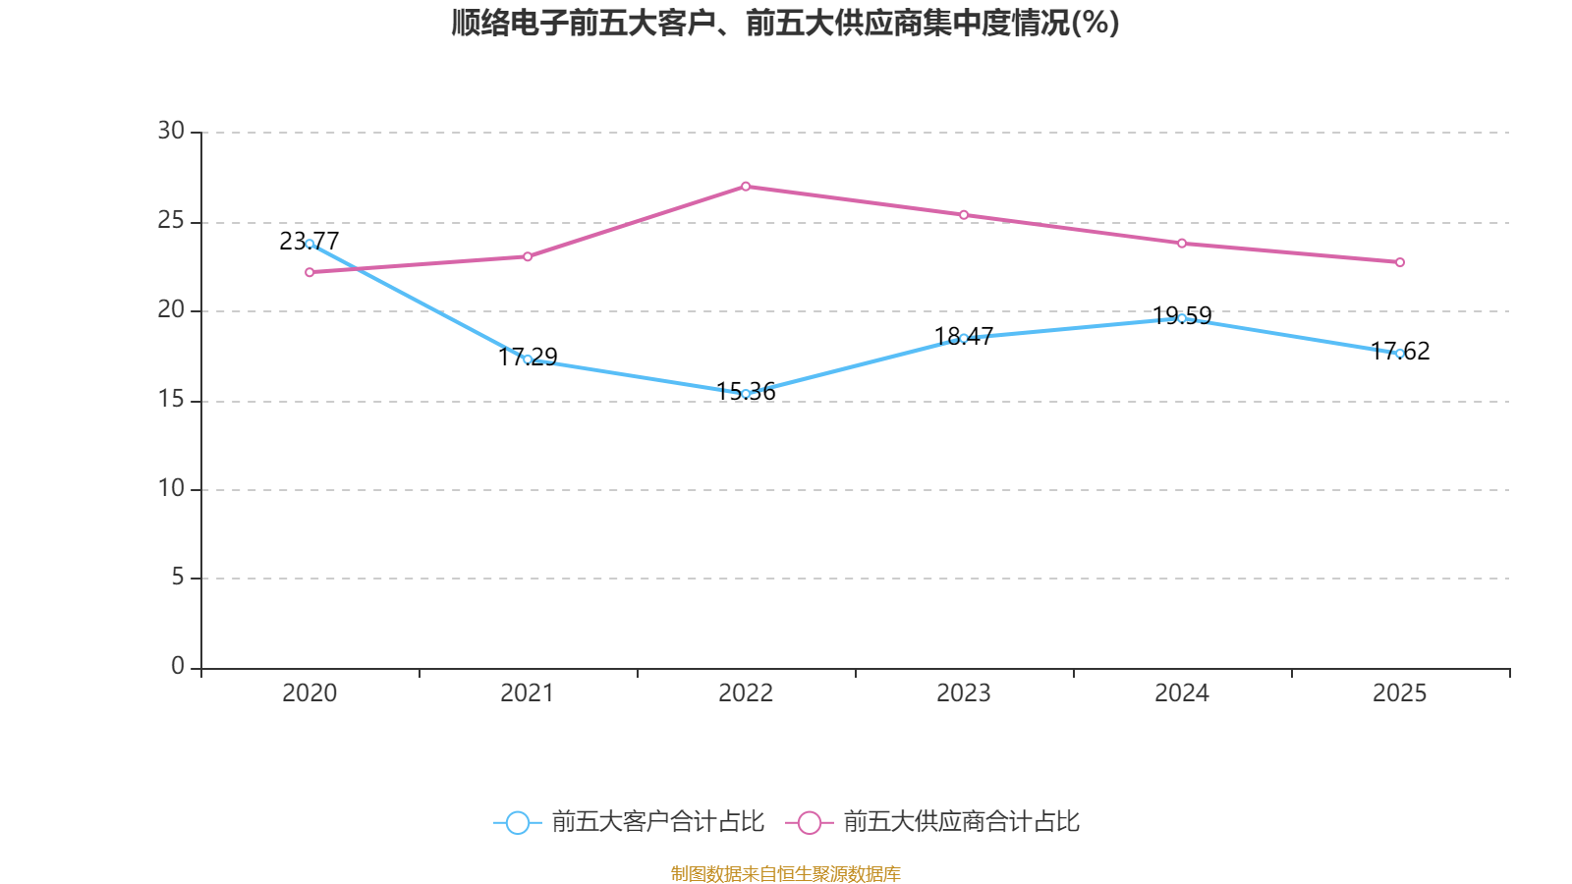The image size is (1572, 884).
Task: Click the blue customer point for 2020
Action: [309, 244]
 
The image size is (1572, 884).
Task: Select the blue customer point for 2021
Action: [528, 359]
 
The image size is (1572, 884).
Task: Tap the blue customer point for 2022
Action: [746, 394]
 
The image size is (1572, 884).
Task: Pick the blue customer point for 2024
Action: [1182, 318]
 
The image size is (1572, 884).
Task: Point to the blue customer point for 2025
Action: [1400, 354]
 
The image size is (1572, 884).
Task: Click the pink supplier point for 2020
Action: [309, 272]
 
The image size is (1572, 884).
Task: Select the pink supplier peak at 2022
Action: [746, 186]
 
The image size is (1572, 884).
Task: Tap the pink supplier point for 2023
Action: [964, 215]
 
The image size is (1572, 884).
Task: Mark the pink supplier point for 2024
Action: [1182, 244]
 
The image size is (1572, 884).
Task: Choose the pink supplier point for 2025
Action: [1400, 262]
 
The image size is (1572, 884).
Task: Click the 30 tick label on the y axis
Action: [171, 131]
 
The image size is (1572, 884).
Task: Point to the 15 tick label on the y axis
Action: [171, 400]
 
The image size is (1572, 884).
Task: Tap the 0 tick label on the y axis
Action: [178, 666]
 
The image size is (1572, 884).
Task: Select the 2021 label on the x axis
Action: [528, 693]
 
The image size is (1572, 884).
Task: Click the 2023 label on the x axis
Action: [964, 693]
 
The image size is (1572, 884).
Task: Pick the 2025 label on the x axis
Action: [1399, 693]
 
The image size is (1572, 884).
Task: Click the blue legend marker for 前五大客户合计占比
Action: [517, 823]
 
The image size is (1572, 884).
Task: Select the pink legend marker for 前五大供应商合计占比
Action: [809, 823]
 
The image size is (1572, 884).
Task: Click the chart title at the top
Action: [785, 23]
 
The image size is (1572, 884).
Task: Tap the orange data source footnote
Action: [785, 873]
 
